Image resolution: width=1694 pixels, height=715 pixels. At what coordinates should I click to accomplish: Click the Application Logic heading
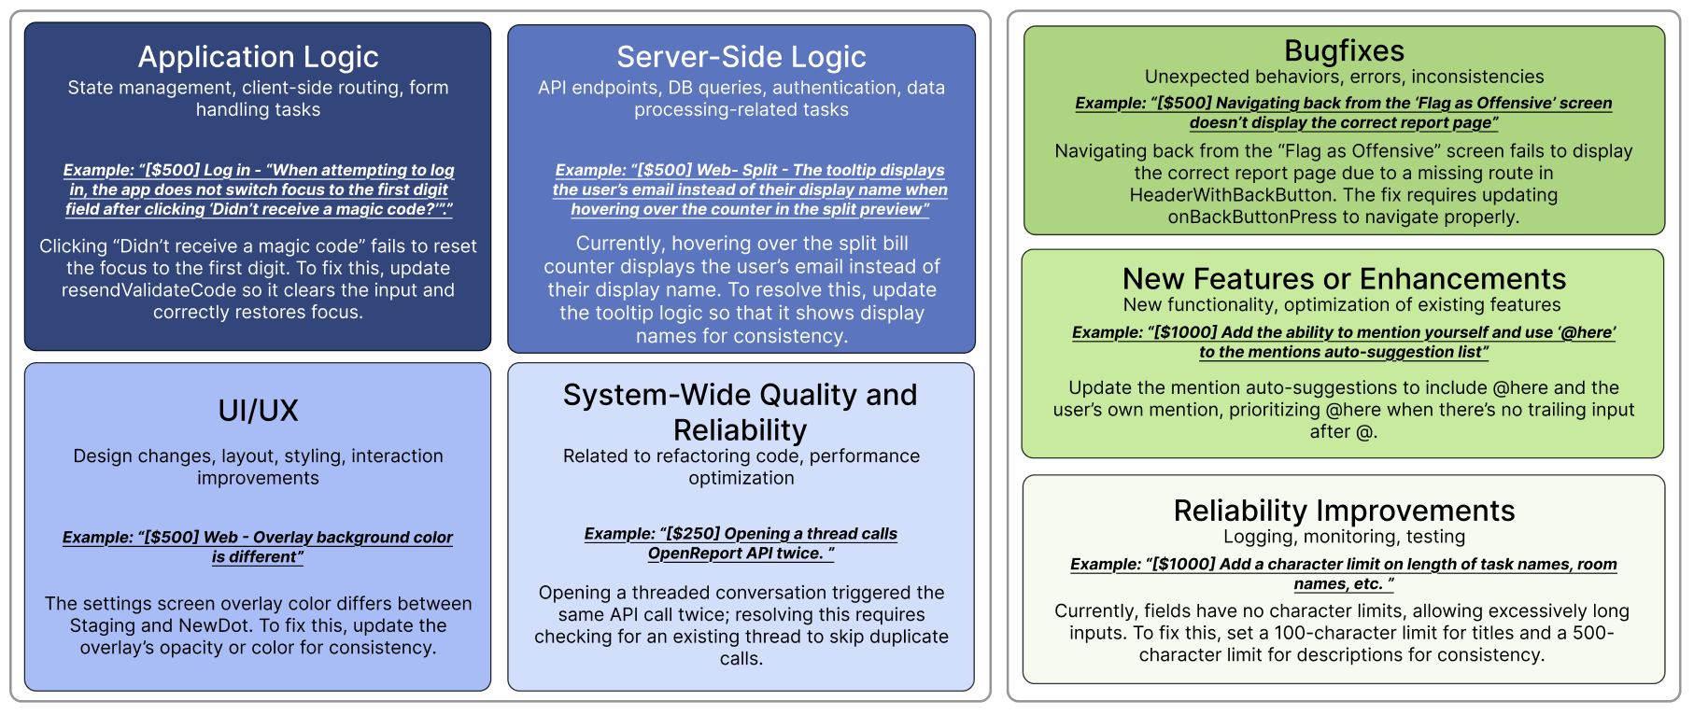tap(258, 57)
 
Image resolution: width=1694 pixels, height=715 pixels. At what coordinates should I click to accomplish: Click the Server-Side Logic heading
tap(741, 57)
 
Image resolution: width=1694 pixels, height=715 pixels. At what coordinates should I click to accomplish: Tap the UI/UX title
tap(258, 411)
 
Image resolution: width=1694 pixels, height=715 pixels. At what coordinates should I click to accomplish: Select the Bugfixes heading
tap(1344, 50)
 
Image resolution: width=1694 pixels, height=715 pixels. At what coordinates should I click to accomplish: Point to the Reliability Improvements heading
tap(1344, 511)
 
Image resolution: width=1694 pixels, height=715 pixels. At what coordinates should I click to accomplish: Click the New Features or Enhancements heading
tap(1344, 279)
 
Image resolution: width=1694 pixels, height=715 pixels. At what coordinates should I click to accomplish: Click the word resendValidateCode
tap(148, 290)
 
